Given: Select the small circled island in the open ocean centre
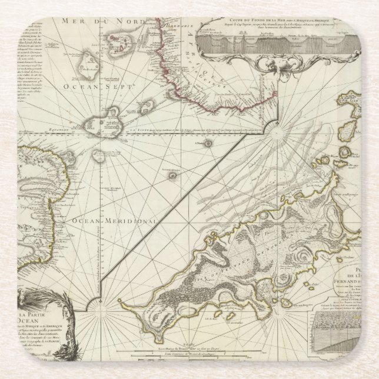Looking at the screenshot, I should [172, 175].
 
